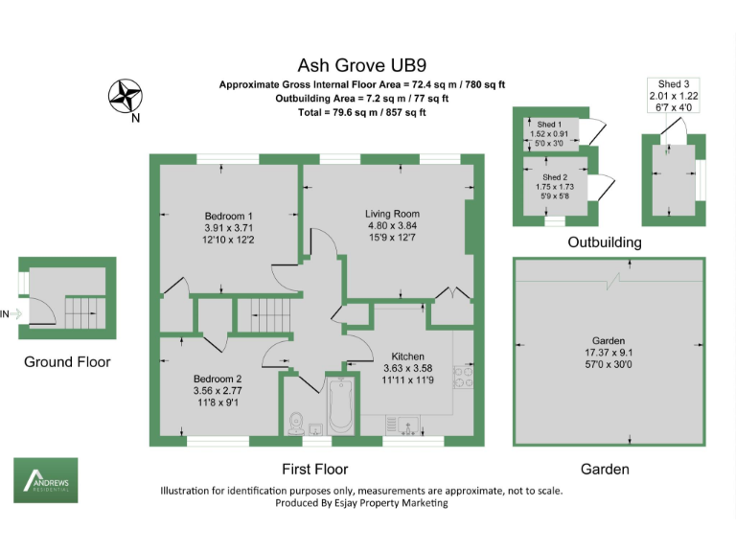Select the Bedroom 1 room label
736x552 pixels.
pyautogui.click(x=229, y=216)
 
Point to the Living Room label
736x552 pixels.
pyautogui.click(x=392, y=214)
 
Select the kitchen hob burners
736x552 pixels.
pyautogui.click(x=461, y=378)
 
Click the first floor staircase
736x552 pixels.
pyautogui.click(x=260, y=312)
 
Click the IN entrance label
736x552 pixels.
pyautogui.click(x=6, y=313)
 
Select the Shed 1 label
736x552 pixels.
pyautogui.click(x=548, y=126)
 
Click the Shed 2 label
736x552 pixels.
pyautogui.click(x=555, y=177)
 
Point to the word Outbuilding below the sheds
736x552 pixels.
pyautogui.click(x=605, y=242)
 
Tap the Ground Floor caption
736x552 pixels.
pyautogui.click(x=67, y=362)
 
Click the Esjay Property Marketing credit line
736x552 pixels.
pyautogui.click(x=361, y=503)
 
